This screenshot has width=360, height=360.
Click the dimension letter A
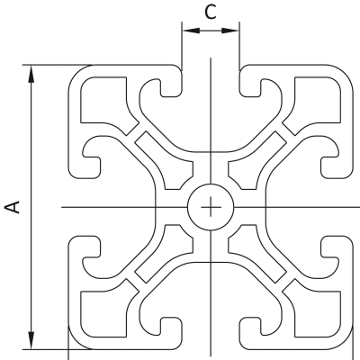click(13, 207)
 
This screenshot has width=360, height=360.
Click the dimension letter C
click(211, 13)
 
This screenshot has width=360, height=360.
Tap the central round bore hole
click(211, 207)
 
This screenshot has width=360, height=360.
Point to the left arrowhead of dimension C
click(191, 31)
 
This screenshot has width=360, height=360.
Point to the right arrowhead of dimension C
click(230, 31)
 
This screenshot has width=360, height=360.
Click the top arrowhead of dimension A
click(31, 74)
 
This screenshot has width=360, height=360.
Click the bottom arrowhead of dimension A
click(31, 340)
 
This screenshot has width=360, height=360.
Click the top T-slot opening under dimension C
click(211, 81)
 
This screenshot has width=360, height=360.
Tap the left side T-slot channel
click(120, 207)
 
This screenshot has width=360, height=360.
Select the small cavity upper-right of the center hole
click(254, 164)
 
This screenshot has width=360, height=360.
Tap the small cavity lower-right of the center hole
click(254, 250)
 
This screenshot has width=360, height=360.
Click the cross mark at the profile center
click(211, 207)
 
